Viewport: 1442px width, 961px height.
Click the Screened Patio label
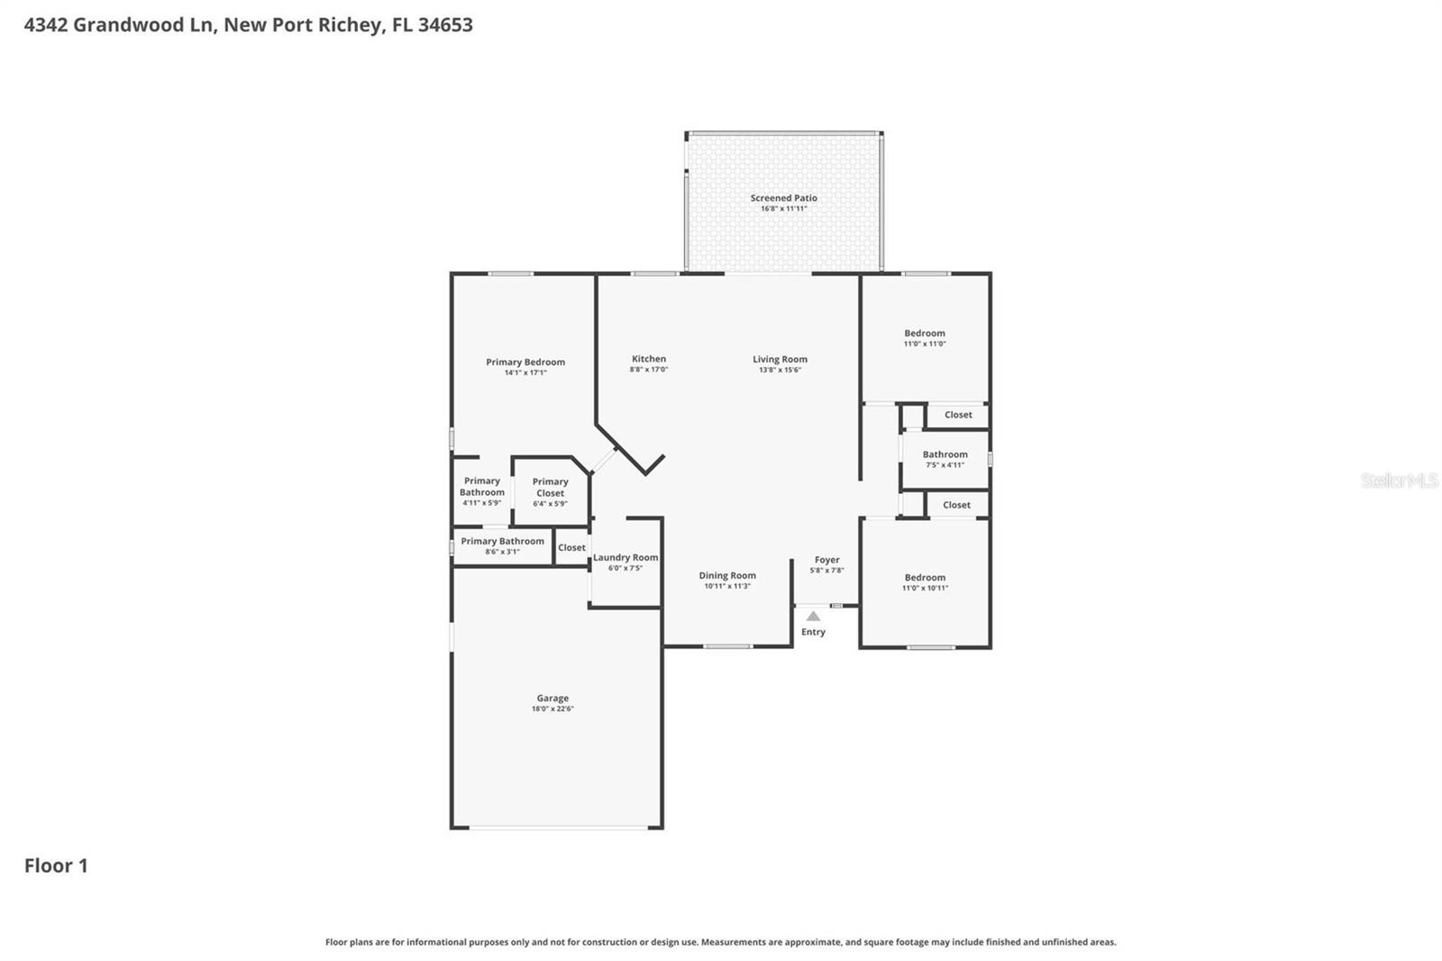coord(783,198)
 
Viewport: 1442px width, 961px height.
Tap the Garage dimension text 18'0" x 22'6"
coord(552,709)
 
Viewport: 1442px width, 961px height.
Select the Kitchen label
coord(649,359)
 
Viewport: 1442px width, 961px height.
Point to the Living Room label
coord(780,359)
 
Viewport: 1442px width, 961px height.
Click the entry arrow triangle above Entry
coord(813,617)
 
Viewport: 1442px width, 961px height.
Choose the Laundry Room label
coord(625,558)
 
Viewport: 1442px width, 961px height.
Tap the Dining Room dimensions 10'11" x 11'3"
coord(727,587)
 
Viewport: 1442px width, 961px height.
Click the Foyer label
coord(826,560)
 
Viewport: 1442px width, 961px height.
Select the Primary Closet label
coord(550,488)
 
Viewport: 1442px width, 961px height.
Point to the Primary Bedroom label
coord(525,362)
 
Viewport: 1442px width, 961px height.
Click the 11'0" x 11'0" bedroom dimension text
coord(925,344)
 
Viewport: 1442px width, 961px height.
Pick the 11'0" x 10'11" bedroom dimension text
coord(925,589)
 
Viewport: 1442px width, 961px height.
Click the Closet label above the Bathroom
coord(958,416)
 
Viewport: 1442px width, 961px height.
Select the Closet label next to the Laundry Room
coord(571,548)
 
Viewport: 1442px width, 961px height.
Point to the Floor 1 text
coord(56,866)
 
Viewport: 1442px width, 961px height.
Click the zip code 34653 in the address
coord(445,25)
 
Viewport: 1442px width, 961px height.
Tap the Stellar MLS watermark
coord(1399,481)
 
